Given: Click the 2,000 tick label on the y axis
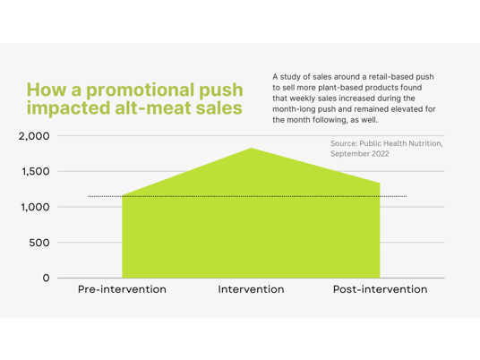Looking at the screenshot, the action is (x=34, y=136).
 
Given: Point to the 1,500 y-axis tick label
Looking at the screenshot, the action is (x=36, y=171).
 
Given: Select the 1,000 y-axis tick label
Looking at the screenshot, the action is (x=35, y=207).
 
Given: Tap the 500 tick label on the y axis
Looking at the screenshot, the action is (x=39, y=243).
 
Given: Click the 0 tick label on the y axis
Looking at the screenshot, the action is (x=47, y=278).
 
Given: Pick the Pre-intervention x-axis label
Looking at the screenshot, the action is (x=122, y=289).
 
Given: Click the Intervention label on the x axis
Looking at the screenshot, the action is (x=251, y=289).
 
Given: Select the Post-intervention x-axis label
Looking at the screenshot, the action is (x=381, y=289).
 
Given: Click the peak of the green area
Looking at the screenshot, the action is (x=252, y=148).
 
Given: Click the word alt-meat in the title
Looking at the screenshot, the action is (x=154, y=108).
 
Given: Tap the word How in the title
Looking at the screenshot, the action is (x=47, y=90).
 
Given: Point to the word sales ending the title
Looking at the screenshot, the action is (x=219, y=108).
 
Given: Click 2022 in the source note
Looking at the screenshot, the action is (x=381, y=154).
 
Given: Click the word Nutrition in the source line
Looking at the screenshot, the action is (x=424, y=143).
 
